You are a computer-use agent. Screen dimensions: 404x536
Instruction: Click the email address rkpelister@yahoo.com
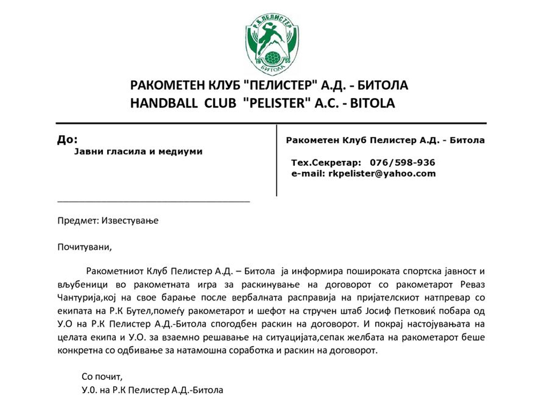click(x=382, y=173)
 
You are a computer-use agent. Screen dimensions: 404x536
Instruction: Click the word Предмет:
click(x=76, y=221)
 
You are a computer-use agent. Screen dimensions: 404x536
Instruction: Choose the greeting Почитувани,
click(x=85, y=247)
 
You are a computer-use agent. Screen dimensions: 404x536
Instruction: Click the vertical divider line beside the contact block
click(x=276, y=160)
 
